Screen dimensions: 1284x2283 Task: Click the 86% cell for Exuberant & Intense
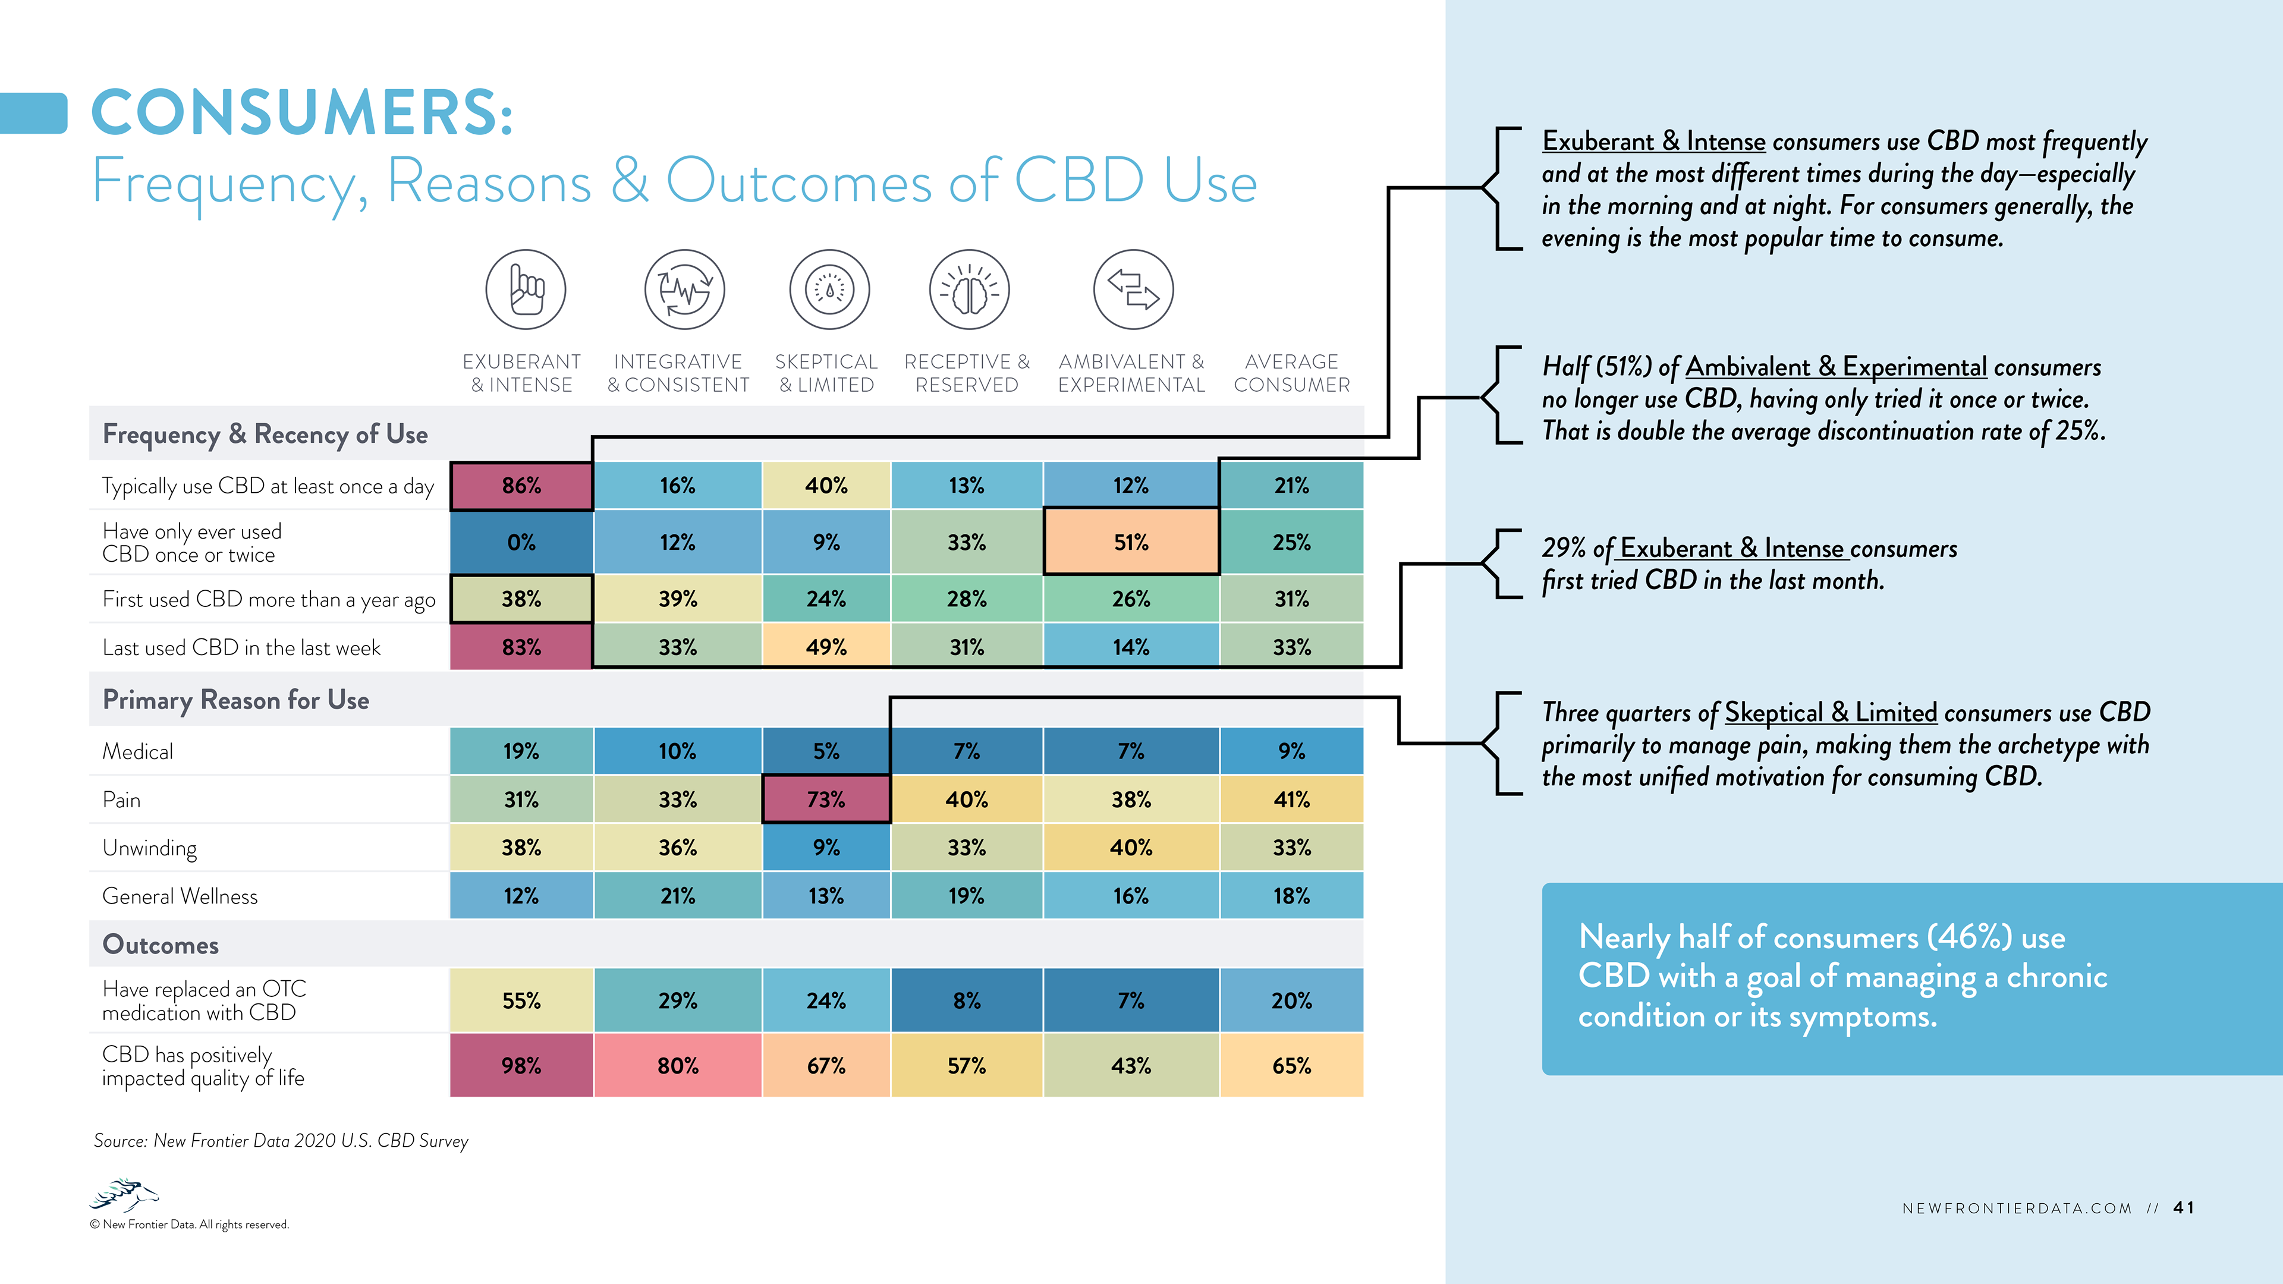[521, 486]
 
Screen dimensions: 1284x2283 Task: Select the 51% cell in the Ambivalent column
[1131, 542]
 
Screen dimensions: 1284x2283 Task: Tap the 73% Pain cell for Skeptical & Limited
[826, 800]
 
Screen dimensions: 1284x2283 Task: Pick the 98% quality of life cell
[521, 1065]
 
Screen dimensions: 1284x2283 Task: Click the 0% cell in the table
[521, 542]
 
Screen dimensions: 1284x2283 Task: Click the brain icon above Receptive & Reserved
[968, 289]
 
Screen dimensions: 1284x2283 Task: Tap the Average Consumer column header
[1291, 373]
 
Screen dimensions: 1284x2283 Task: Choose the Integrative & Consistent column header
[678, 373]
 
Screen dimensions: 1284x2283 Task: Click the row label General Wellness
[180, 896]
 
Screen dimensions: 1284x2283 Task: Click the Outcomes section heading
[161, 945]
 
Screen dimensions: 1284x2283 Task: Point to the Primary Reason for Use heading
[236, 700]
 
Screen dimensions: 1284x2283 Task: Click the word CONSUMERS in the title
[301, 112]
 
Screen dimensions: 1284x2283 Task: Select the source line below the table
[281, 1141]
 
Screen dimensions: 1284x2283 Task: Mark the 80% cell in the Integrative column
[677, 1065]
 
